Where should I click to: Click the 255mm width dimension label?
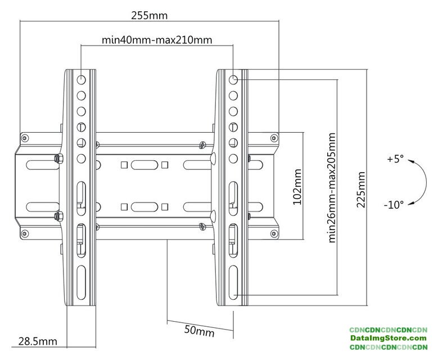150,15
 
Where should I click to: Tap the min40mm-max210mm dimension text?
157,40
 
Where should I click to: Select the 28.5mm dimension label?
38,341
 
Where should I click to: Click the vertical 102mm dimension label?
297,186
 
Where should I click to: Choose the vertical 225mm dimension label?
360,189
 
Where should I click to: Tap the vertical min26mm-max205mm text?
332,187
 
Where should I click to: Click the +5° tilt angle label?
395,159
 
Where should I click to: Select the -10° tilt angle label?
394,205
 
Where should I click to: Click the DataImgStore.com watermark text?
389,338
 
